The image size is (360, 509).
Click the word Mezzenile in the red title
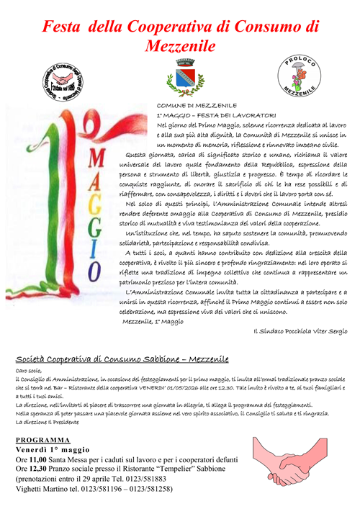(180, 45)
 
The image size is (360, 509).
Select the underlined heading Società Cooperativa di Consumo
(122, 358)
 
